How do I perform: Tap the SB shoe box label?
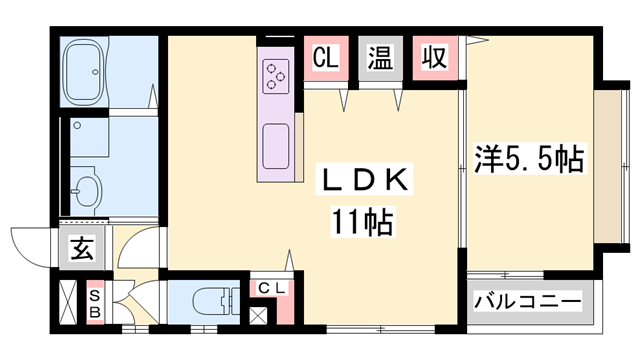94,303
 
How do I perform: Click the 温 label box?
379,58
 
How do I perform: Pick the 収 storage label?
433,58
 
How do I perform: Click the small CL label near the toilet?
272,289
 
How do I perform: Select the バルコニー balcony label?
527,300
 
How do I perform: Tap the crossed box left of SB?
67,305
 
